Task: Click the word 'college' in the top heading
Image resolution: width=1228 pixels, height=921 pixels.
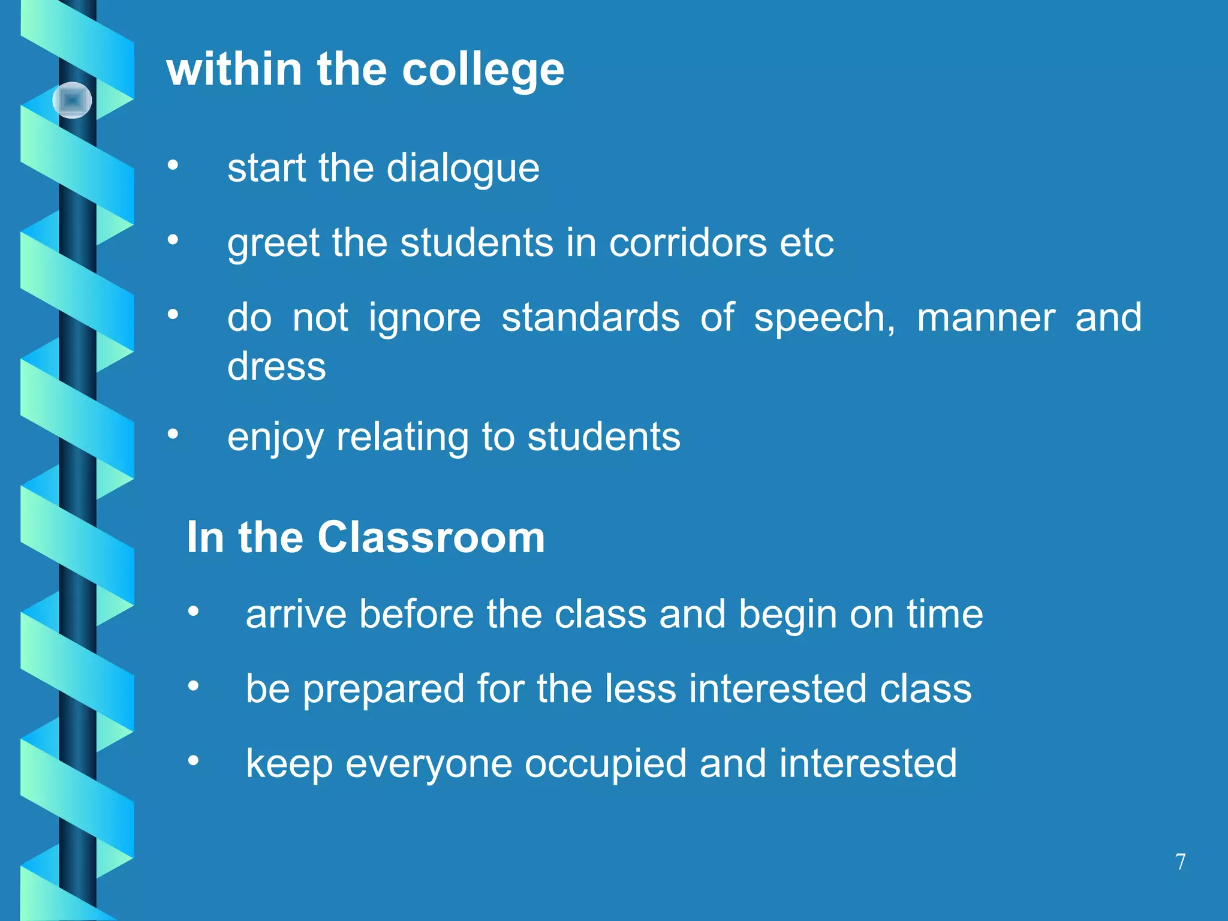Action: [x=483, y=71]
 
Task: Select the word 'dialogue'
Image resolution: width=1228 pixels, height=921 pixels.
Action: [x=463, y=168]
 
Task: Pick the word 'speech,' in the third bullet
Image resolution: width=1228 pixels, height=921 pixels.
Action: [x=824, y=318]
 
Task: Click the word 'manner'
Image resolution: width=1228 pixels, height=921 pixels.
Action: [x=986, y=318]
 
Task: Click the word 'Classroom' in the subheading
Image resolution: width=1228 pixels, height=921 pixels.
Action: [x=431, y=537]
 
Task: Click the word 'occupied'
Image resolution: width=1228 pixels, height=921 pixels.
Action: [x=606, y=765]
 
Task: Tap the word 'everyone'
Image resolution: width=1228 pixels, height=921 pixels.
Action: [x=429, y=765]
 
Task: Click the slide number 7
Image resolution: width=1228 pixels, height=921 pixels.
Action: [x=1180, y=862]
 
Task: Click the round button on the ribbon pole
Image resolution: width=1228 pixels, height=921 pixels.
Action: [x=72, y=100]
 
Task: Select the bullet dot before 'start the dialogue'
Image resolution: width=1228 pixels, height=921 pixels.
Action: [x=173, y=165]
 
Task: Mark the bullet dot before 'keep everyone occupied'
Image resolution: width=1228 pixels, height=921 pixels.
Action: [x=193, y=760]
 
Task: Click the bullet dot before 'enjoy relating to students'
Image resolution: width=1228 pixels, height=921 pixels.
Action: [x=173, y=434]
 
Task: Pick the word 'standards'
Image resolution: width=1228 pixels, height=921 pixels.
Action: [x=591, y=318]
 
